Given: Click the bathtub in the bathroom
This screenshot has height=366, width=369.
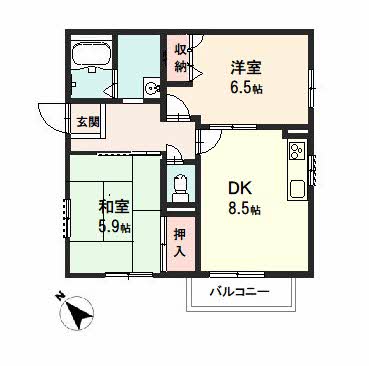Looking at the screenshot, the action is (91, 54).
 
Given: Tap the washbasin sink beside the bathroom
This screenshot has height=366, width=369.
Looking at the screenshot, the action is (152, 88).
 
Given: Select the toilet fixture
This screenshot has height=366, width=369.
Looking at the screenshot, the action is (181, 187).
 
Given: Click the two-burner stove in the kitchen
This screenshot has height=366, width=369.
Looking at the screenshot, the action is (297, 151).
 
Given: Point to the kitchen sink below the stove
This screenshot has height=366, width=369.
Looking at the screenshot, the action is (297, 189).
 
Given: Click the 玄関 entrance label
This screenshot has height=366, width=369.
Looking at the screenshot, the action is (88, 122).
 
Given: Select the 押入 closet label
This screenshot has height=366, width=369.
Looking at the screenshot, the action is (180, 243).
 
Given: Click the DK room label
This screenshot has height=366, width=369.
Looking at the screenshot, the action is (240, 189).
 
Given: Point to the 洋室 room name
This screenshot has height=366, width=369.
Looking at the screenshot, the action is (246, 68).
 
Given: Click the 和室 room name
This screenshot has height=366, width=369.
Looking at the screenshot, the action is (113, 207).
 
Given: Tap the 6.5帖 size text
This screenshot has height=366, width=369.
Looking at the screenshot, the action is (246, 88).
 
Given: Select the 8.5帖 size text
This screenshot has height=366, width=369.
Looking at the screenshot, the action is (244, 209).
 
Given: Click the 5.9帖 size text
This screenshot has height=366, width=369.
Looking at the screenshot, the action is (114, 227).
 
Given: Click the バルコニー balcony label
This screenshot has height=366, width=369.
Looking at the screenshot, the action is (239, 292).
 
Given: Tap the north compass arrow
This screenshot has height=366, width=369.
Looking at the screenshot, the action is (79, 313).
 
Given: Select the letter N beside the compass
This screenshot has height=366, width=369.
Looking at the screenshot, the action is (60, 295).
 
